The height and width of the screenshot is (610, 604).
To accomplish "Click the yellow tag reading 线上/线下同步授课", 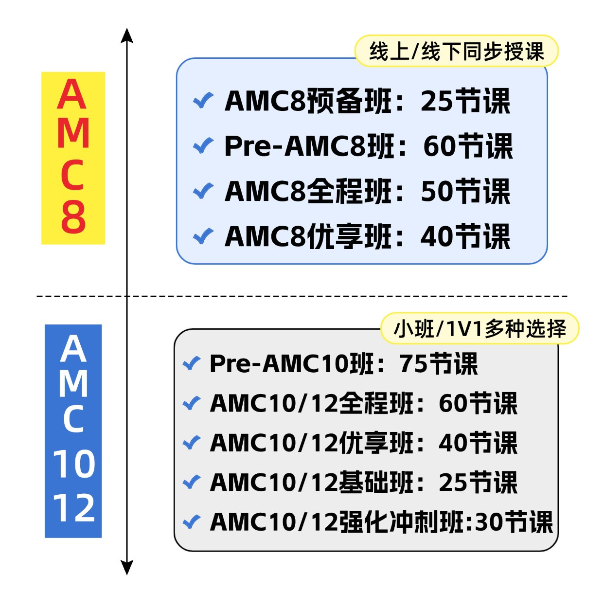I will (456, 51).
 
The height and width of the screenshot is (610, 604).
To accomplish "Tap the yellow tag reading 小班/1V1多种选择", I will (480, 329).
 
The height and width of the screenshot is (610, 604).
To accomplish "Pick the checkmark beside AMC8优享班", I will (203, 236).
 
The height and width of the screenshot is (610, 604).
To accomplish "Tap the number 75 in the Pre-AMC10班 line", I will (414, 363).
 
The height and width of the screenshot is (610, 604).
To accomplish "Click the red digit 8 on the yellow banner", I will (73, 217).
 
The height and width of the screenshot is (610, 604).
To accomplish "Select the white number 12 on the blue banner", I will (73, 508).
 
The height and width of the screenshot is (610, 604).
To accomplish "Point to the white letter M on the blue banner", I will (73, 383).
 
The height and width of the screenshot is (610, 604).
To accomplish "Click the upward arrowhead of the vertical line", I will (127, 35).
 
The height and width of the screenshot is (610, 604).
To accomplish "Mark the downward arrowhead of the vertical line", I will (127, 568).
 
